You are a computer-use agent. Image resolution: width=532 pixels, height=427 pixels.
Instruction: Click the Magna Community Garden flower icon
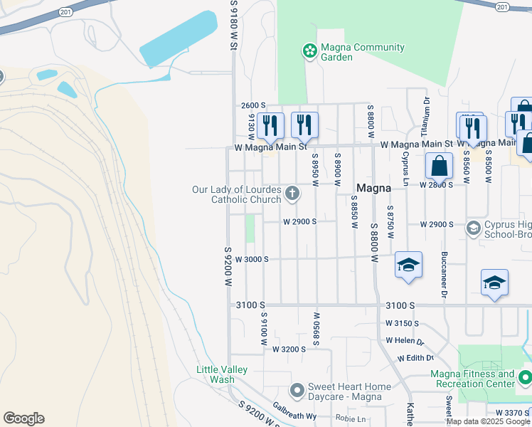tap(309, 51)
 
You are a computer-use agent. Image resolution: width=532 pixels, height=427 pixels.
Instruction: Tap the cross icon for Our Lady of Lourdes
tap(292, 193)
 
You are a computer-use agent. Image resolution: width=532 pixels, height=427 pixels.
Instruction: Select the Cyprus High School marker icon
tap(473, 228)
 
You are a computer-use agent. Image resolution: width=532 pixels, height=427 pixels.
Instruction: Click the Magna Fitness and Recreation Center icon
tap(524, 378)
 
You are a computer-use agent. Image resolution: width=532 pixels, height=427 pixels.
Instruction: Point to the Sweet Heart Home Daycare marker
tap(297, 391)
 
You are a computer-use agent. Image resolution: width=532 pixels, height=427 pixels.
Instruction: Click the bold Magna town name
tap(373, 189)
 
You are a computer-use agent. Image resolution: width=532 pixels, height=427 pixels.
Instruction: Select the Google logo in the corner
tap(23, 418)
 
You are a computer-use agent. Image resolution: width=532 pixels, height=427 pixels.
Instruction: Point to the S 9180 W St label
tap(233, 25)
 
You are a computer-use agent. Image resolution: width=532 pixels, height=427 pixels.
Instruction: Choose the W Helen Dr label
tap(405, 341)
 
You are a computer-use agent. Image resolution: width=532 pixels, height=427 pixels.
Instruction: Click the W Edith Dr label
tap(415, 358)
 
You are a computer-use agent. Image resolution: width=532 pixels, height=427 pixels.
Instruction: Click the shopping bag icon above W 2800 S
tap(440, 166)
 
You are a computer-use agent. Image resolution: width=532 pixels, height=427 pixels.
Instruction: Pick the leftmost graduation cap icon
tap(408, 265)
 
